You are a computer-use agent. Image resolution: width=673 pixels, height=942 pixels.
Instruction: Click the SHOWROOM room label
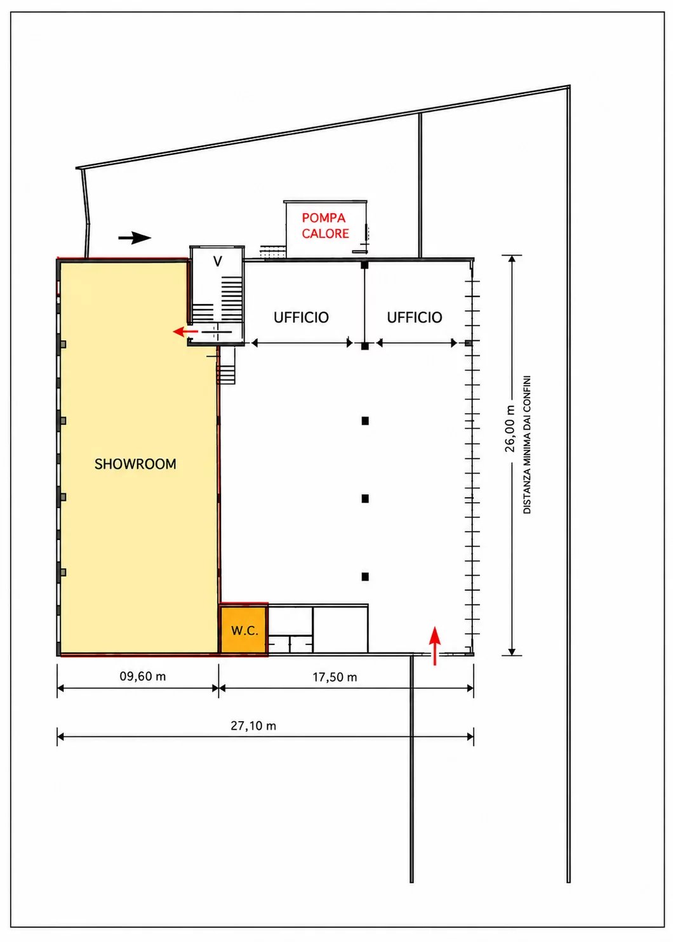pos(135,464)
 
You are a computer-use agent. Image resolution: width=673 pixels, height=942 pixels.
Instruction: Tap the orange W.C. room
pos(244,629)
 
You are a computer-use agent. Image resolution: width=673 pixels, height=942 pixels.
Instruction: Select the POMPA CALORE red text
pos(325,225)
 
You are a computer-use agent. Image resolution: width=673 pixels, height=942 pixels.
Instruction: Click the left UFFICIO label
pos(301,317)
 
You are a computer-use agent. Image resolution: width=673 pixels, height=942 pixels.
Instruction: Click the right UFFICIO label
pos(415,317)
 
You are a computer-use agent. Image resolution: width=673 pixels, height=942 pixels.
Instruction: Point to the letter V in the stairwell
pos(218,261)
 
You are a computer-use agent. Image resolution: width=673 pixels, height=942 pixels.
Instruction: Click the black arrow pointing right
pos(135,237)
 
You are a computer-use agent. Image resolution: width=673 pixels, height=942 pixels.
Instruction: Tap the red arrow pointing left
pos(185,331)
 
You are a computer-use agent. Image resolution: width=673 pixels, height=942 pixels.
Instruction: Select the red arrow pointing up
pos(435,646)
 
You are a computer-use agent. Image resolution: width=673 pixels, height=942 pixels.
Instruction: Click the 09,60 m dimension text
pos(143,676)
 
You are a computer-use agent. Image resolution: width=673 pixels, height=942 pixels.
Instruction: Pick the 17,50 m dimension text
pos(335,677)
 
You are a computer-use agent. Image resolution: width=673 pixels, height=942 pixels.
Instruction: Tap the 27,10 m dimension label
pos(253,726)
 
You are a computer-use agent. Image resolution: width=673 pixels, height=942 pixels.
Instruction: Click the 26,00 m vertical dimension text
pos(510,429)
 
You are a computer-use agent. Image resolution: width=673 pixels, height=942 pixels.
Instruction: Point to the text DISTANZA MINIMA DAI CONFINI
pos(527,444)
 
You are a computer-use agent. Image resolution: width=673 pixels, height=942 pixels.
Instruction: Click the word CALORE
pos(325,234)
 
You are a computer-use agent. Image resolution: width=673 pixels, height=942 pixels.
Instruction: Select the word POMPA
pos(323,218)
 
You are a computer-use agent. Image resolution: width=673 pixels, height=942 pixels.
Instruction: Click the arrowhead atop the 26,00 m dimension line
pos(512,258)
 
